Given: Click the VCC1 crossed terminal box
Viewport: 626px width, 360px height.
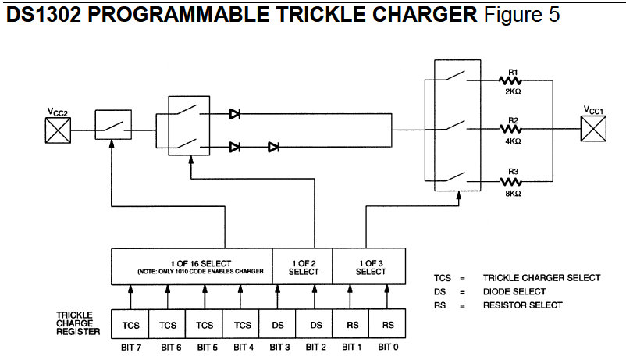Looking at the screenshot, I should pos(592,128).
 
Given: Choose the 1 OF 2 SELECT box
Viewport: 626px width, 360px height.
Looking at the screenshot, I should pos(303,266).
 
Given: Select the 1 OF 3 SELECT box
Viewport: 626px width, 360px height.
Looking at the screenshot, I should pos(370,266).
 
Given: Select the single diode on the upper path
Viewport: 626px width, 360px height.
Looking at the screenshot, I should pos(234,113).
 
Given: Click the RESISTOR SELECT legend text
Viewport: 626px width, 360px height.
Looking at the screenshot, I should pos(522,305).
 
